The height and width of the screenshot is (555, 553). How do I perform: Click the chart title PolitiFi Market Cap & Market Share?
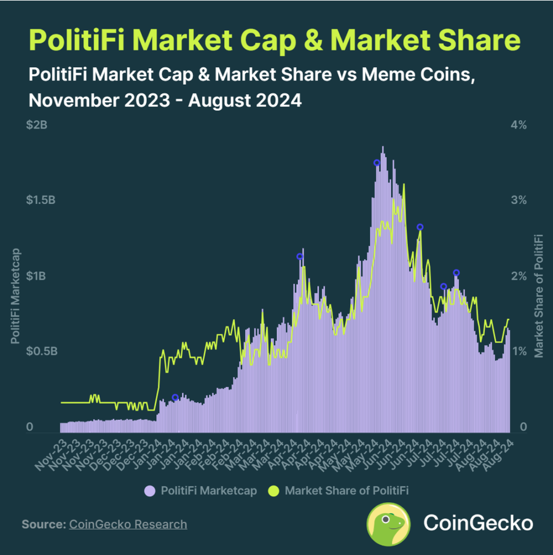[275, 41]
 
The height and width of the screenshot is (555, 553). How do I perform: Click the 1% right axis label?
[518, 352]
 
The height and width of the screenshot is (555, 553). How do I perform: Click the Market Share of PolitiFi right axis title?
[539, 296]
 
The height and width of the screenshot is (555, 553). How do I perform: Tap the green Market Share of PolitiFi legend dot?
[274, 490]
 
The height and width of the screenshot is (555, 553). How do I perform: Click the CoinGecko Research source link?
[128, 524]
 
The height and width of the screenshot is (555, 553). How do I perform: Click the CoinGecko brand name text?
[478, 524]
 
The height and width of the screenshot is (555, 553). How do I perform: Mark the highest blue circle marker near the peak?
[377, 163]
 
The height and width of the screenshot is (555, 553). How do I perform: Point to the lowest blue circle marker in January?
[175, 398]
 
